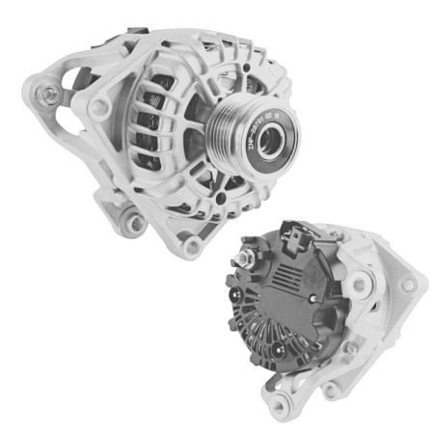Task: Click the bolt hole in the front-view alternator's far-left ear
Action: (x=48, y=94)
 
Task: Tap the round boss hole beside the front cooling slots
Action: (x=98, y=109)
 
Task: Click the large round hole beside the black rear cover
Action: (x=359, y=284)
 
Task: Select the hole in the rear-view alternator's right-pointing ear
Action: (x=408, y=285)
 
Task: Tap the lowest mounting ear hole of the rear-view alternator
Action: (x=333, y=390)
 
